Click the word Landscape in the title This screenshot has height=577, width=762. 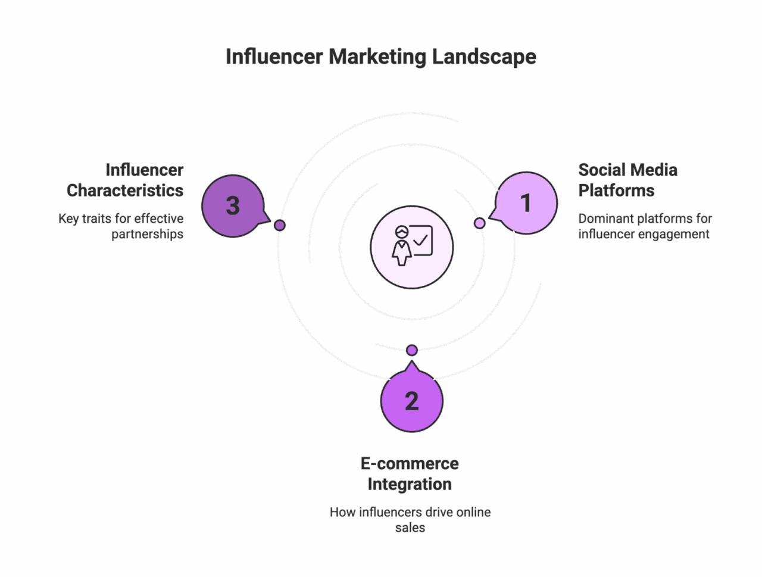(483, 57)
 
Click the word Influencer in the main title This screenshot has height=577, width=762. (274, 57)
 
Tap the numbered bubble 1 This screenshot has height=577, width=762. (526, 203)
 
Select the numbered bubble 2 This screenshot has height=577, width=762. (411, 401)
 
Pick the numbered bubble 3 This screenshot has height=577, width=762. (233, 206)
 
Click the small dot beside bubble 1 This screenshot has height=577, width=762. (480, 223)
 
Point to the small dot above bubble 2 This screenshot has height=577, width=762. (411, 350)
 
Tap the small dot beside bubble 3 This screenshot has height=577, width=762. (280, 225)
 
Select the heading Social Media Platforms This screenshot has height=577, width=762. (627, 180)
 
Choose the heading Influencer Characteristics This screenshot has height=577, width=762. (125, 180)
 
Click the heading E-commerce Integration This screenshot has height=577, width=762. (410, 473)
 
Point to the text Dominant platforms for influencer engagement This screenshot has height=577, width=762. (645, 226)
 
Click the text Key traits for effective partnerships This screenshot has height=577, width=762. (121, 226)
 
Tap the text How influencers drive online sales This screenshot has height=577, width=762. (410, 520)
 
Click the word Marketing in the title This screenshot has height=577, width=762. (377, 57)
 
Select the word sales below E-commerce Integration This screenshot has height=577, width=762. (410, 528)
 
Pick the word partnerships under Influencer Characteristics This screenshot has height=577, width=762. (147, 234)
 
